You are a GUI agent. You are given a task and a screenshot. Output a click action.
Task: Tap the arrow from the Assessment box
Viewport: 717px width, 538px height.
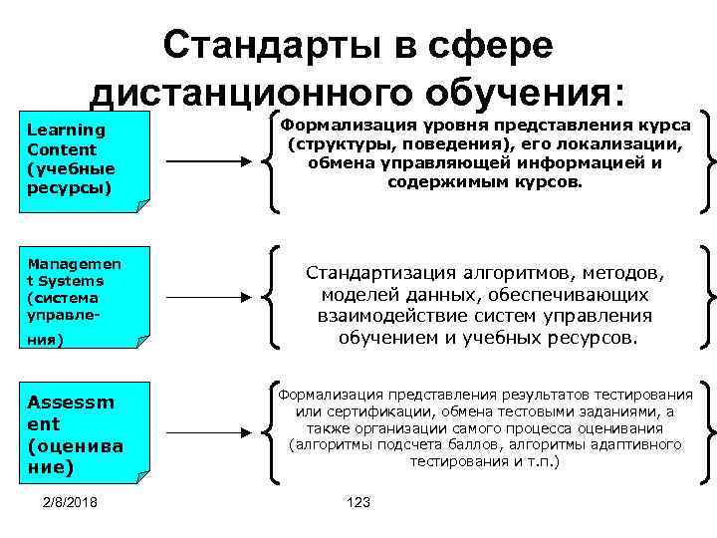(x=205, y=430)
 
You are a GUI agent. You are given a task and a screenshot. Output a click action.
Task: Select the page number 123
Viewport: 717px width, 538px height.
(x=357, y=502)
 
